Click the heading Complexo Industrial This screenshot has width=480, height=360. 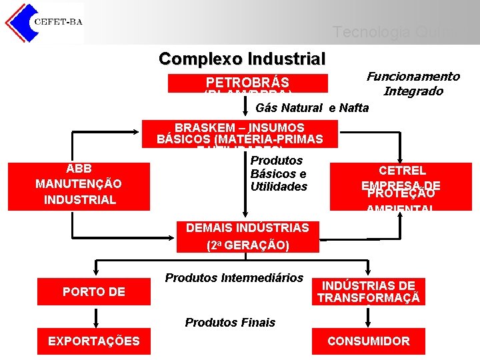tap(242, 59)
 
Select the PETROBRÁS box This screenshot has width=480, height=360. tap(247, 83)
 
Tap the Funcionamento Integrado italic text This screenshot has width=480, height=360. tap(413, 84)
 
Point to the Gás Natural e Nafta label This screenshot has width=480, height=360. tap(312, 108)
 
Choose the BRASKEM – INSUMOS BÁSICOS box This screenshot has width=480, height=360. tap(240, 133)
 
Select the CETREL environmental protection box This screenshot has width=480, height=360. tap(402, 185)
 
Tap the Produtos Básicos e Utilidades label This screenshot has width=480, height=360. tap(279, 173)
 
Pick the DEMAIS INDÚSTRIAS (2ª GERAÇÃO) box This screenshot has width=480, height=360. tap(247, 236)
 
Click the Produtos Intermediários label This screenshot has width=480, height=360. tap(234, 277)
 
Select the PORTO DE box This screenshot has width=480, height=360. tap(94, 291)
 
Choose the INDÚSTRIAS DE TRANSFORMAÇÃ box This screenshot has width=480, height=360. tap(368, 292)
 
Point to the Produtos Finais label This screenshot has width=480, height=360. tap(230, 323)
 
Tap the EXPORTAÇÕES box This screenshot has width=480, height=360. tap(94, 341)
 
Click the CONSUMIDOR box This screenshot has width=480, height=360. tap(368, 341)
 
